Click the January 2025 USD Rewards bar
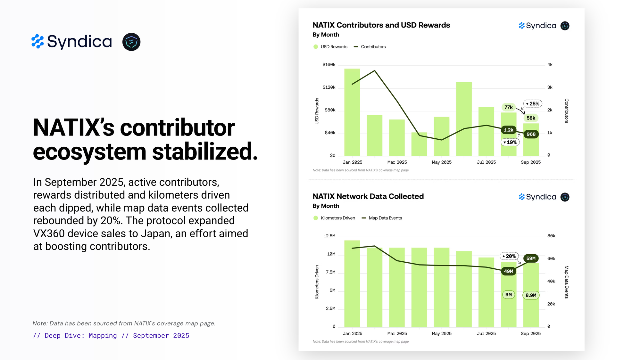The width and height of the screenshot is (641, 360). pos(352,112)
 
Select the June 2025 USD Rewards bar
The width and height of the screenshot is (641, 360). pos(464,119)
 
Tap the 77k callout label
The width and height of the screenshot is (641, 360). pos(508,107)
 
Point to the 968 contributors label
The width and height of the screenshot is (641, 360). pos(531,134)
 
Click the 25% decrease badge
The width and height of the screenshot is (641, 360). pos(533,104)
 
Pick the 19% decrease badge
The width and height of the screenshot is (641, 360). pos(510,142)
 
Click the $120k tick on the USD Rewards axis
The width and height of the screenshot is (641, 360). pos(329,87)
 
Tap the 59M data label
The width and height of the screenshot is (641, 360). pos(531,258)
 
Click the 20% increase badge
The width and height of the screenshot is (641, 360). pos(509,256)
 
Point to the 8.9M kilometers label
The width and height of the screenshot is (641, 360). pos(531,295)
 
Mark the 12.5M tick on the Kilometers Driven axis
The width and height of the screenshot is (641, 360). pos(329,236)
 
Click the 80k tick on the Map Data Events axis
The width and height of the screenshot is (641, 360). pos(551,236)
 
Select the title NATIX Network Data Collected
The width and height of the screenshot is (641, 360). pos(368,196)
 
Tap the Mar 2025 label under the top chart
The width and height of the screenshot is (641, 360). pos(397,162)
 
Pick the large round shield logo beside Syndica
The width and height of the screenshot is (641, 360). pos(131,42)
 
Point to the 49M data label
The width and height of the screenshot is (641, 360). pos(508,271)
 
